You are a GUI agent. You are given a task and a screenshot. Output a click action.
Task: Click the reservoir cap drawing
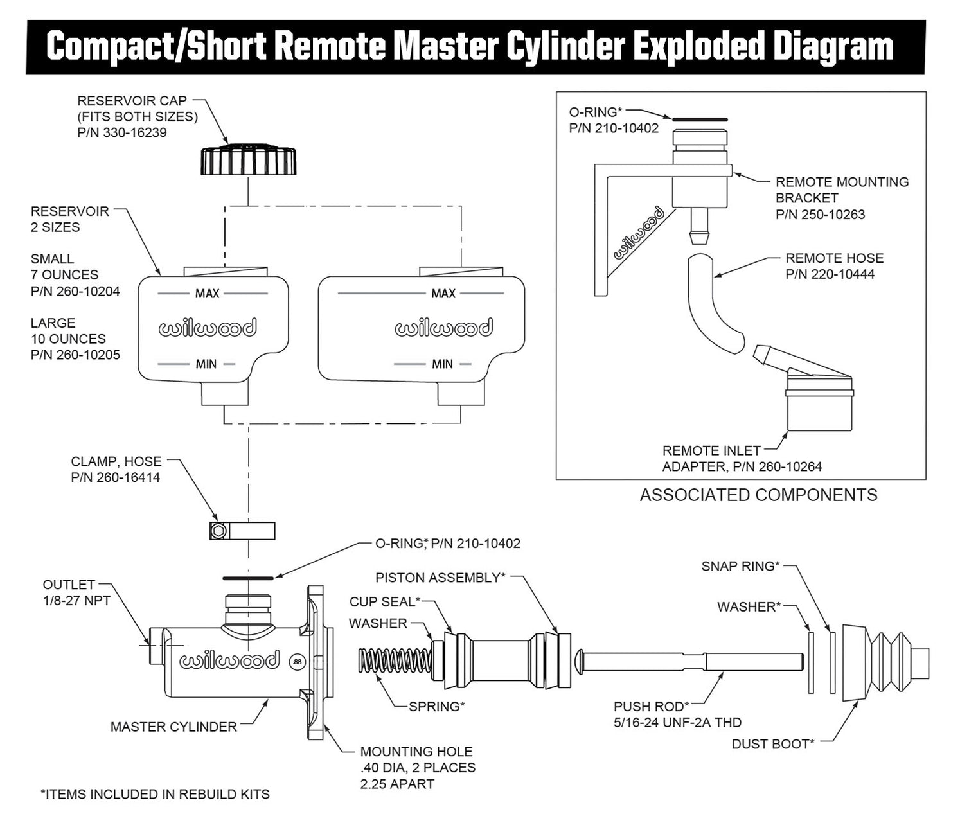tap(248, 161)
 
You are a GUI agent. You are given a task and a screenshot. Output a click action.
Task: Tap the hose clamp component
tap(242, 531)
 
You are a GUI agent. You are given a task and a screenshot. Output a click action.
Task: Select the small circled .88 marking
tap(297, 661)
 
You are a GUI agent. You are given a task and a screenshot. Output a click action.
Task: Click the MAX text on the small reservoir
tap(207, 294)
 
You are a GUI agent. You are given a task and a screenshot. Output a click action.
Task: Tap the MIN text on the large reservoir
tap(442, 364)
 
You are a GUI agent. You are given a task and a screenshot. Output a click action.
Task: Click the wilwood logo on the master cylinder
tap(229, 660)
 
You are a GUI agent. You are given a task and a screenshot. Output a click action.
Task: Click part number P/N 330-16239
tap(122, 133)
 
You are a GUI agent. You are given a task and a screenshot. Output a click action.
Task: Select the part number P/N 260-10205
tap(75, 355)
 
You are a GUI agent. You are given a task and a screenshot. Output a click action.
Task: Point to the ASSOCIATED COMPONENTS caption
tap(758, 495)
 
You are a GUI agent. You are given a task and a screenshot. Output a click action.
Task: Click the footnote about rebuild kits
tap(155, 795)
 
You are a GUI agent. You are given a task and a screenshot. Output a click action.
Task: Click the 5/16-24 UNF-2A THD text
tap(677, 723)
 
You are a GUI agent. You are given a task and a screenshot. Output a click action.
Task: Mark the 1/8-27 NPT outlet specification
tap(76, 601)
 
